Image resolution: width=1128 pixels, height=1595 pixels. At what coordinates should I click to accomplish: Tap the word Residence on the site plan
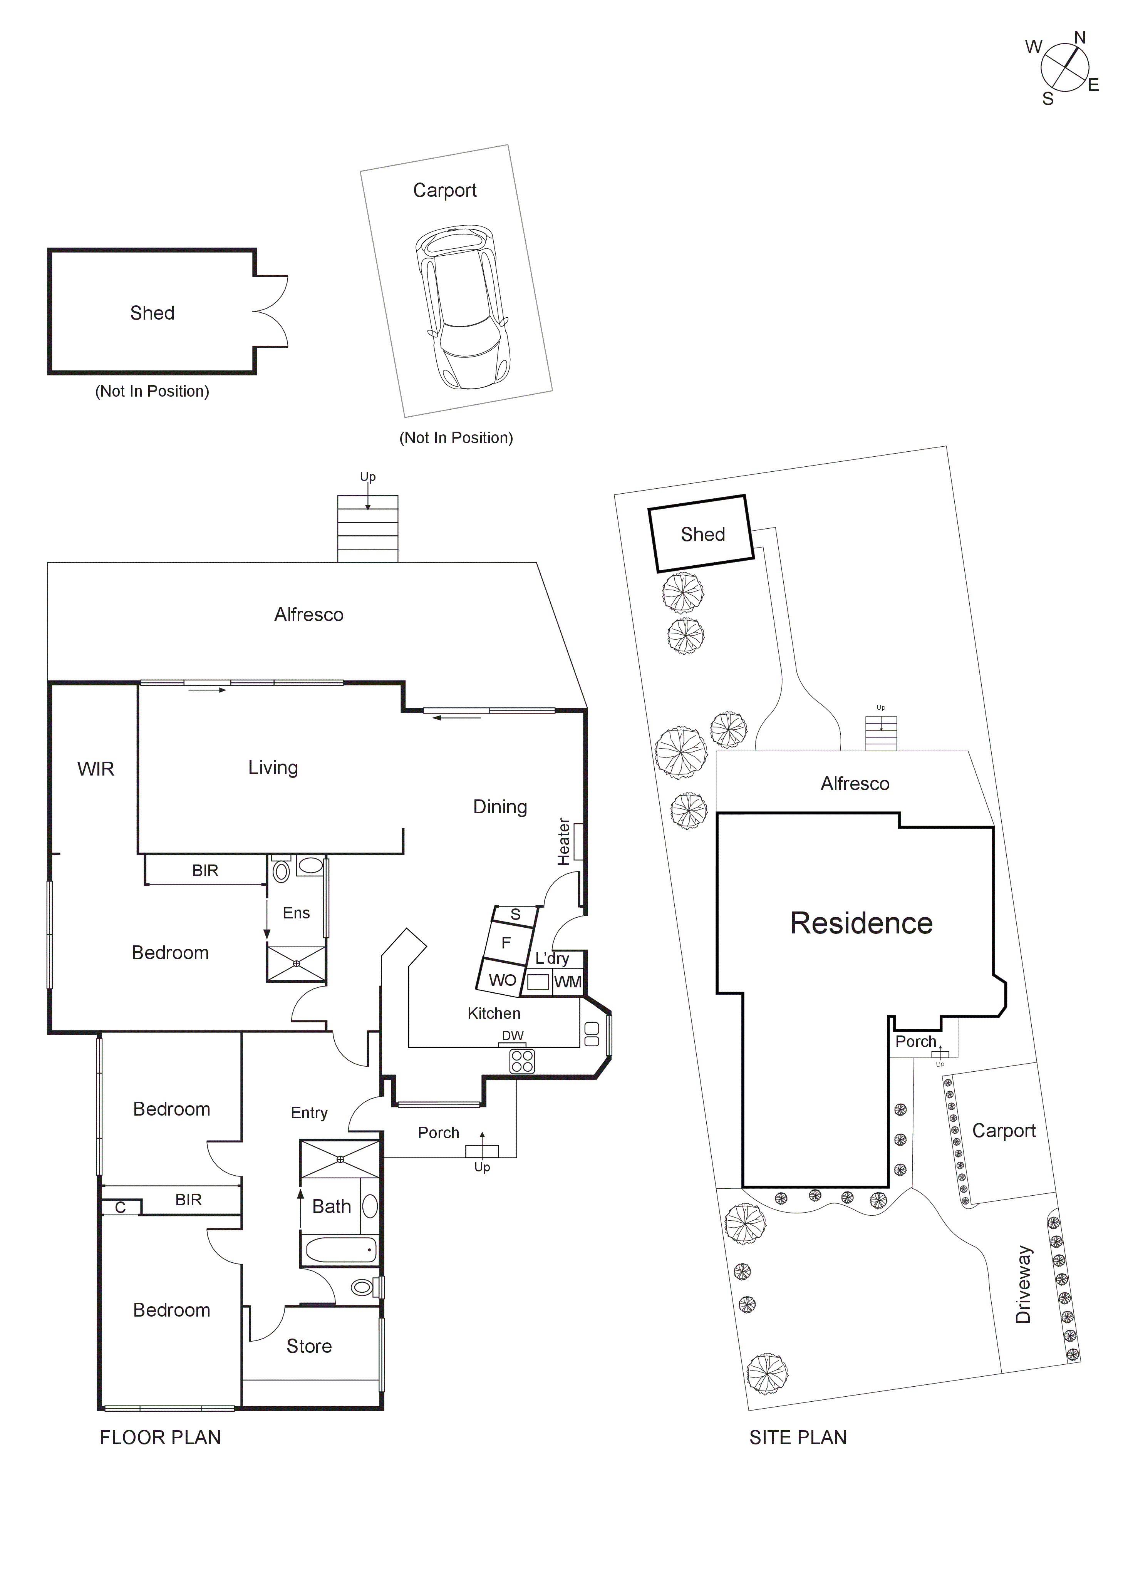(x=861, y=923)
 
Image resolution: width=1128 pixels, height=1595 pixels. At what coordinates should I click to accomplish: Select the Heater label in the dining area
(x=563, y=841)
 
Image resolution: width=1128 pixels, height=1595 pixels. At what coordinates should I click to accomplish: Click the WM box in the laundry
(x=568, y=982)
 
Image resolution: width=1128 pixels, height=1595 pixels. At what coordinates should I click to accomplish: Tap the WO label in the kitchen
(x=502, y=980)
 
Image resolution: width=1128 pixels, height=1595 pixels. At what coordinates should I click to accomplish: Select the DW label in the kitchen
(x=513, y=1035)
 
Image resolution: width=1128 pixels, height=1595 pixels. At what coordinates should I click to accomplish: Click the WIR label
(x=96, y=769)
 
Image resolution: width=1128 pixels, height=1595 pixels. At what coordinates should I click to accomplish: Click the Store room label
(x=309, y=1346)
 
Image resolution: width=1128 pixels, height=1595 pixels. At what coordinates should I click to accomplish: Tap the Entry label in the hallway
(x=309, y=1113)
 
